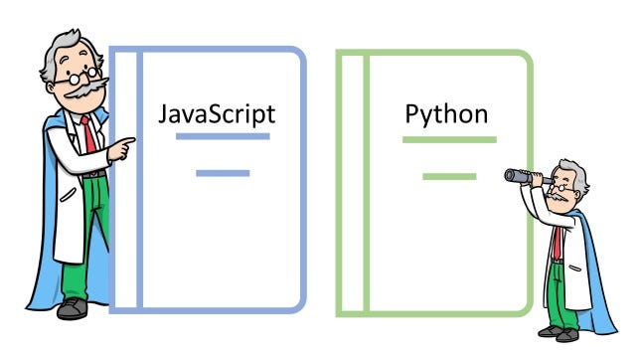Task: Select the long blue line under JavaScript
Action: [222, 136]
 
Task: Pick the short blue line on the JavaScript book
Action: [222, 173]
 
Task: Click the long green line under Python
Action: [448, 139]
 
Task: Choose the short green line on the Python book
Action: [448, 176]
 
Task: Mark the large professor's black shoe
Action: [73, 309]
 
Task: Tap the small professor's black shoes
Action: [560, 334]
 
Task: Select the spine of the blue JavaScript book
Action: [126, 179]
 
